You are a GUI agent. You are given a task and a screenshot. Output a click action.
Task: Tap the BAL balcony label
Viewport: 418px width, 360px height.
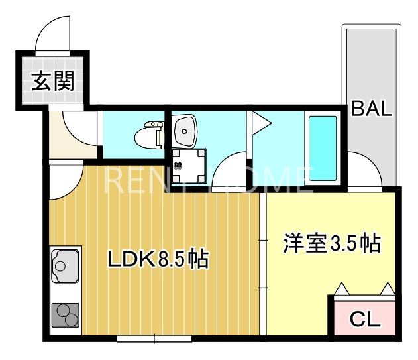372,108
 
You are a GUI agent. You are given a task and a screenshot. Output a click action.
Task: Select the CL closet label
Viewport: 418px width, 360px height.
364,320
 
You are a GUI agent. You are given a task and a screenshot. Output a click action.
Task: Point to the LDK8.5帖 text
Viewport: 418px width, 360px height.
158,259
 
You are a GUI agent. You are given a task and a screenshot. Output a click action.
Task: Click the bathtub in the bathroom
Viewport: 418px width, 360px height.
323,148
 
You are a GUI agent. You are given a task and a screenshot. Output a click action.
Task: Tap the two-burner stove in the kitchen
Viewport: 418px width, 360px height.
65,314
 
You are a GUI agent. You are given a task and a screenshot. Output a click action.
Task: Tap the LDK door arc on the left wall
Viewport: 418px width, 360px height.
64,179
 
